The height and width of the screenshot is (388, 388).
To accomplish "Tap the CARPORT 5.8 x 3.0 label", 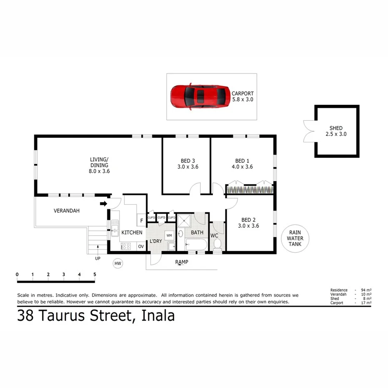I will [x=242, y=97].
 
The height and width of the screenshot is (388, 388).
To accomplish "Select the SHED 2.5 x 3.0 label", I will [x=336, y=131].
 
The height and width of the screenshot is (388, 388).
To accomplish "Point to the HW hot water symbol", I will [x=118, y=264].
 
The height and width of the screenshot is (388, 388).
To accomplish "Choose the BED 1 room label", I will [x=243, y=164].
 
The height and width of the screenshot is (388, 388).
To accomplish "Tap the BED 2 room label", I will [x=250, y=223].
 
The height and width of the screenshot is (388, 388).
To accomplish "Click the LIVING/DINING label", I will [x=99, y=165].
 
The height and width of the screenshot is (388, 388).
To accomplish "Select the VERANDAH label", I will [x=67, y=211].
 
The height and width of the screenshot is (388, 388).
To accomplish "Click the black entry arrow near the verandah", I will [x=103, y=204].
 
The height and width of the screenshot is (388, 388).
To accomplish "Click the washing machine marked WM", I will [x=169, y=236].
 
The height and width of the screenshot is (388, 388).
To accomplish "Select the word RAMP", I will [x=182, y=262].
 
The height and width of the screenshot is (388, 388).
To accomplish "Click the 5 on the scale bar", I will [x=95, y=274].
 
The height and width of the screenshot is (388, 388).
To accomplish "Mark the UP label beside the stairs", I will [x=98, y=258].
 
